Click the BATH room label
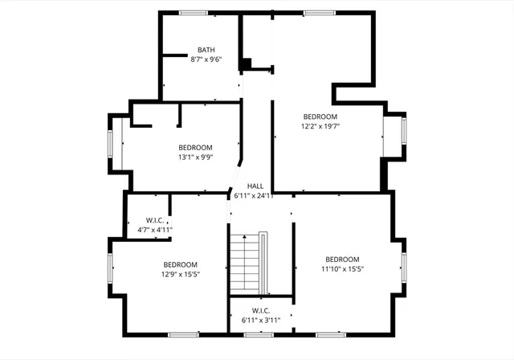(x=206, y=49)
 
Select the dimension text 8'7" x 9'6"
(x=206, y=59)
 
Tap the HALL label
(x=255, y=186)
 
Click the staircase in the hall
(x=247, y=263)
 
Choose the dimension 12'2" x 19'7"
(x=320, y=126)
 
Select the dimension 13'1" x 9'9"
(x=195, y=157)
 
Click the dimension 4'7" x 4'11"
(x=155, y=230)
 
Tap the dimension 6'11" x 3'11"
(x=260, y=320)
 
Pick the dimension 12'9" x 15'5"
(x=181, y=275)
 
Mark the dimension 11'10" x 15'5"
(x=342, y=269)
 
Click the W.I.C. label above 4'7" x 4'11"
(x=155, y=220)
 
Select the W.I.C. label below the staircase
(x=260, y=310)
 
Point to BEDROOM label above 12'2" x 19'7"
(x=320, y=116)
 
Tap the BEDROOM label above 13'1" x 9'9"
(x=195, y=147)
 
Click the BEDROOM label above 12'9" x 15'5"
(x=181, y=264)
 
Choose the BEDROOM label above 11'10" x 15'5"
(x=342, y=259)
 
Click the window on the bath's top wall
(x=193, y=12)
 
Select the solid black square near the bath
(x=247, y=63)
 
